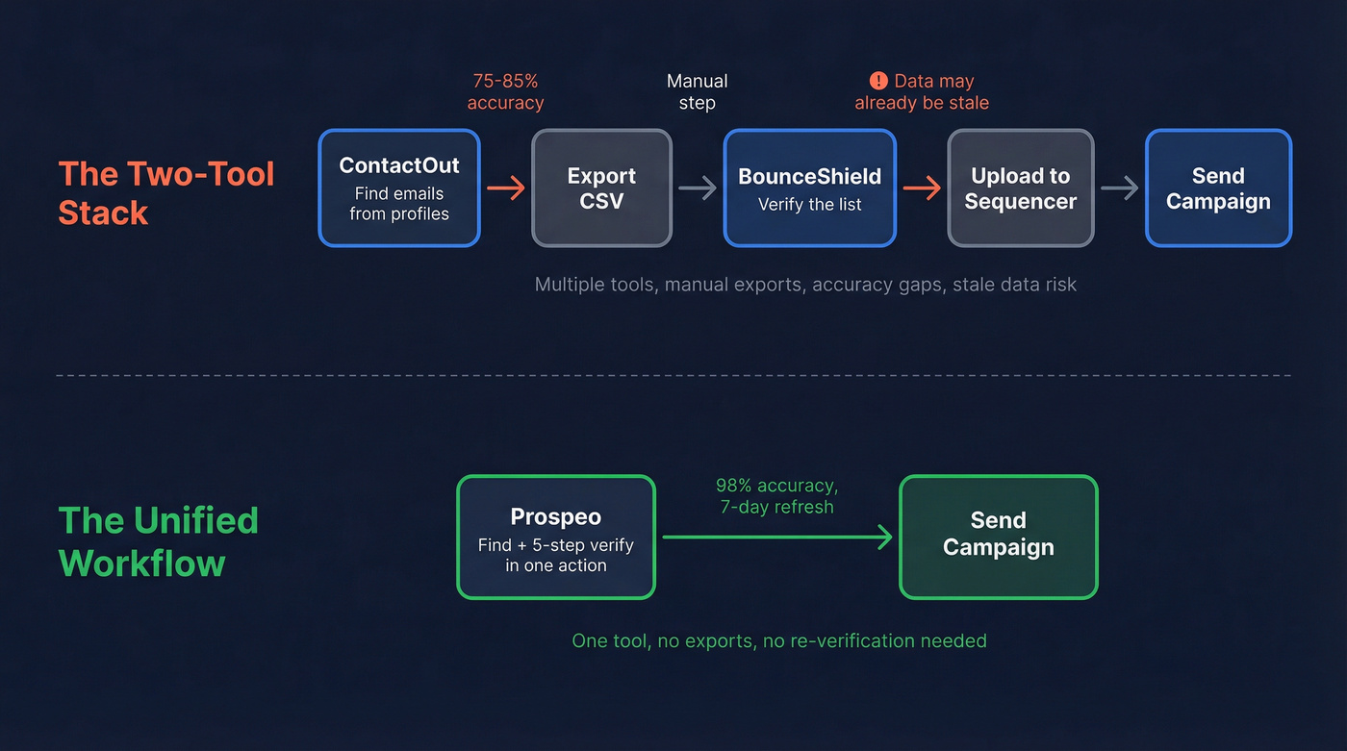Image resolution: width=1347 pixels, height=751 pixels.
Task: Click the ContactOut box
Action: click(x=399, y=188)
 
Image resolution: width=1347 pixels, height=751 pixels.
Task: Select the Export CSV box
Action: click(x=601, y=188)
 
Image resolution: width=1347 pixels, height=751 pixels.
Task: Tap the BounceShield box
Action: click(x=809, y=188)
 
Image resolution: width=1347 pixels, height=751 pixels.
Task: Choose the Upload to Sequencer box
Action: click(x=1020, y=188)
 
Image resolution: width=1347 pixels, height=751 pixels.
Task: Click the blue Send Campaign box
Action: click(x=1218, y=188)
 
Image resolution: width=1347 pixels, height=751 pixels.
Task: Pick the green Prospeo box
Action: click(x=556, y=538)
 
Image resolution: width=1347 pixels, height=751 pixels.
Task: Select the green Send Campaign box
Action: click(x=998, y=538)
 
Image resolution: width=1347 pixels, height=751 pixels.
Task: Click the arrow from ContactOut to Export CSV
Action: click(x=506, y=188)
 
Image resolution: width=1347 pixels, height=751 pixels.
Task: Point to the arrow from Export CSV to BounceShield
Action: click(x=698, y=188)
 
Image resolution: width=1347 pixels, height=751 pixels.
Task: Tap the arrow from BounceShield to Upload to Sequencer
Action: click(x=922, y=188)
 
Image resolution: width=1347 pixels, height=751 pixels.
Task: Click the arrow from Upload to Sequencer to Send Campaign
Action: click(x=1119, y=188)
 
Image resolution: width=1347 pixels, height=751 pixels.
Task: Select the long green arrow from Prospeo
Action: click(x=777, y=538)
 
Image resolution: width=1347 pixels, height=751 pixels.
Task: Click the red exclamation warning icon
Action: click(x=878, y=81)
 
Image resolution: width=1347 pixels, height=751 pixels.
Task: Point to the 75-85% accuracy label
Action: click(x=505, y=92)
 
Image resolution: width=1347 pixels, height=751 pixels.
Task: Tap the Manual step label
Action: click(x=698, y=92)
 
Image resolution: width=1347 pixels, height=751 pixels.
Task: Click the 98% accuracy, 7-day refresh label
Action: click(x=777, y=496)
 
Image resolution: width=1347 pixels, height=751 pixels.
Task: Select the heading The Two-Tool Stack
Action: click(x=166, y=192)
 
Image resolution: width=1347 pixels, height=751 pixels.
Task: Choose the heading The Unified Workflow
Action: click(x=159, y=541)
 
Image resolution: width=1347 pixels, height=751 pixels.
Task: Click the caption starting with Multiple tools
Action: click(x=805, y=285)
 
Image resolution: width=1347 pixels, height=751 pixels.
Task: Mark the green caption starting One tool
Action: click(x=779, y=640)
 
